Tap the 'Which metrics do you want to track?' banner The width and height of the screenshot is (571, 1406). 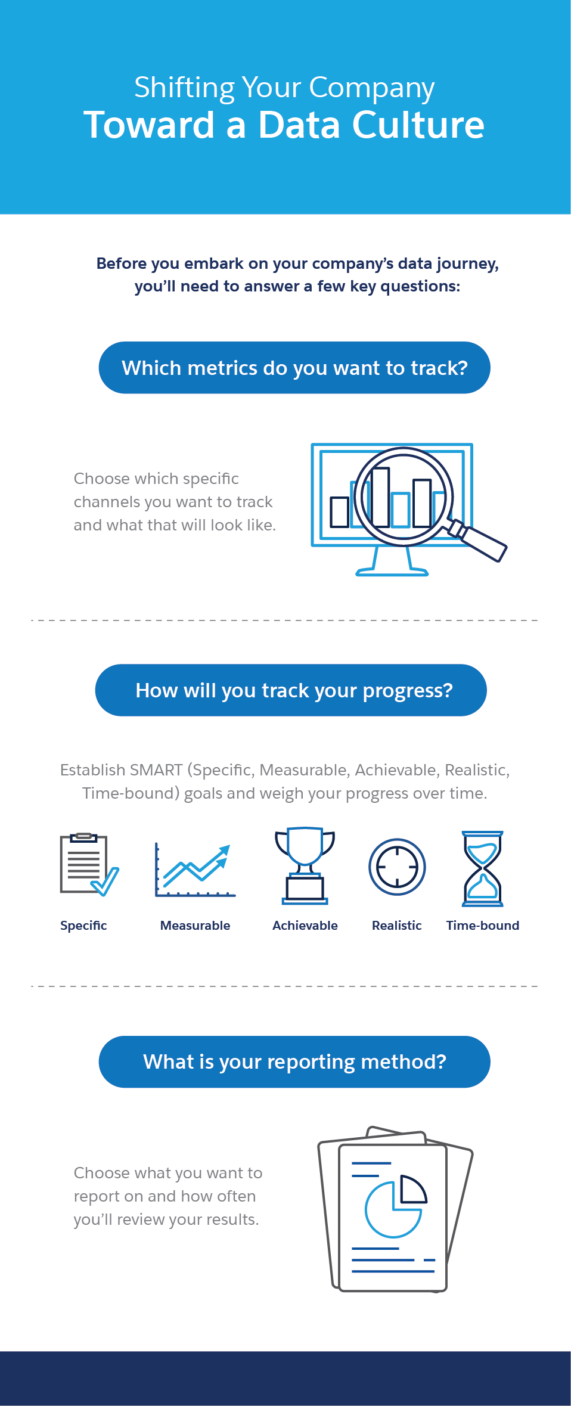(x=294, y=368)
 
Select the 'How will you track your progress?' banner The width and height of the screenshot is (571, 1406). (x=291, y=690)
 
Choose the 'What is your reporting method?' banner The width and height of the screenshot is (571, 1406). (x=294, y=1062)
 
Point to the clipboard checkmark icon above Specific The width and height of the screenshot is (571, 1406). (x=89, y=864)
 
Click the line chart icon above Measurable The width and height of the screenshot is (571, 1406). (x=195, y=870)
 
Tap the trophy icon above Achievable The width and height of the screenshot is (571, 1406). (x=305, y=865)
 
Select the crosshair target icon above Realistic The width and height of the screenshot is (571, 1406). (x=397, y=867)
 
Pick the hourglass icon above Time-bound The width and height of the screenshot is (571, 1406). (x=483, y=868)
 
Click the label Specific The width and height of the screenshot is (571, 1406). (x=83, y=926)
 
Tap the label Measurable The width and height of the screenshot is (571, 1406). (x=195, y=926)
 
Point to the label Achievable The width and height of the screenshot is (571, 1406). (x=305, y=926)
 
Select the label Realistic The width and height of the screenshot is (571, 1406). (x=397, y=926)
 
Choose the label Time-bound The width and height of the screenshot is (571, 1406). (x=483, y=926)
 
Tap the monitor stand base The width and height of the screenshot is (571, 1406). (x=392, y=573)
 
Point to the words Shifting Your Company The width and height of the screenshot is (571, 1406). (x=284, y=88)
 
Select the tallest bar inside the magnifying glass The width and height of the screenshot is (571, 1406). (x=380, y=498)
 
